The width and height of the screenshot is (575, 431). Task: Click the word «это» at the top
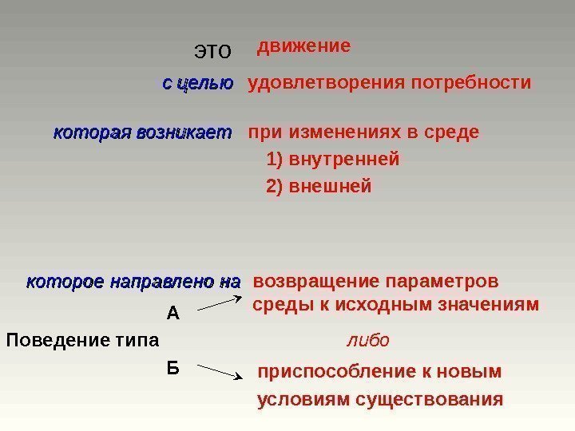coord(212,53)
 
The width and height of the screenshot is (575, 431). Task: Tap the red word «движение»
coord(303,46)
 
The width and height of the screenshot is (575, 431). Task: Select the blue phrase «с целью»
coord(197,83)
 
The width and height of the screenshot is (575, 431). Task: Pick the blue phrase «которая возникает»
coord(142,132)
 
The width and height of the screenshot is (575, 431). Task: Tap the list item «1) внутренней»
coord(332,160)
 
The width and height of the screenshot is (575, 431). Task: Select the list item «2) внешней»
coord(319,187)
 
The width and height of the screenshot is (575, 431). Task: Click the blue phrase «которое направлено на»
coord(133,283)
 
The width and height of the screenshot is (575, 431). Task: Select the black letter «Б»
coord(172,368)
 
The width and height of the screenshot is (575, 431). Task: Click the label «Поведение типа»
coord(83,341)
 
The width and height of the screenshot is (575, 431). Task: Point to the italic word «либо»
coord(367,341)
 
